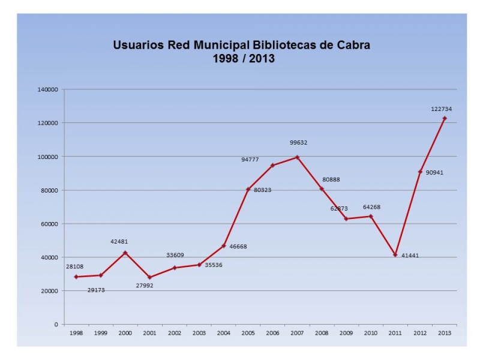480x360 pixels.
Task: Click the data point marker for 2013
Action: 445,118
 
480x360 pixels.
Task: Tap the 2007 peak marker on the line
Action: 297,157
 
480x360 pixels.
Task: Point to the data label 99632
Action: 298,143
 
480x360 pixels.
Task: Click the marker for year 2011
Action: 395,255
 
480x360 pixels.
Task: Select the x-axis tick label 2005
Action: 248,332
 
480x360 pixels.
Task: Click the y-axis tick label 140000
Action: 48,89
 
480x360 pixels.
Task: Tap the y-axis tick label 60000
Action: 50,224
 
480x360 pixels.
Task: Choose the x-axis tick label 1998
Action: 76,332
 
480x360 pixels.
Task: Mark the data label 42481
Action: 119,242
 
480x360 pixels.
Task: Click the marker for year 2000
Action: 125,253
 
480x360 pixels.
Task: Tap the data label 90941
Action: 435,173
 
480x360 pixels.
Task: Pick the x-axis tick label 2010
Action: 371,332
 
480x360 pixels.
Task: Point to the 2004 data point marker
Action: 223,246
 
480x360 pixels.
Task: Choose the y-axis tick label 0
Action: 56,325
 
